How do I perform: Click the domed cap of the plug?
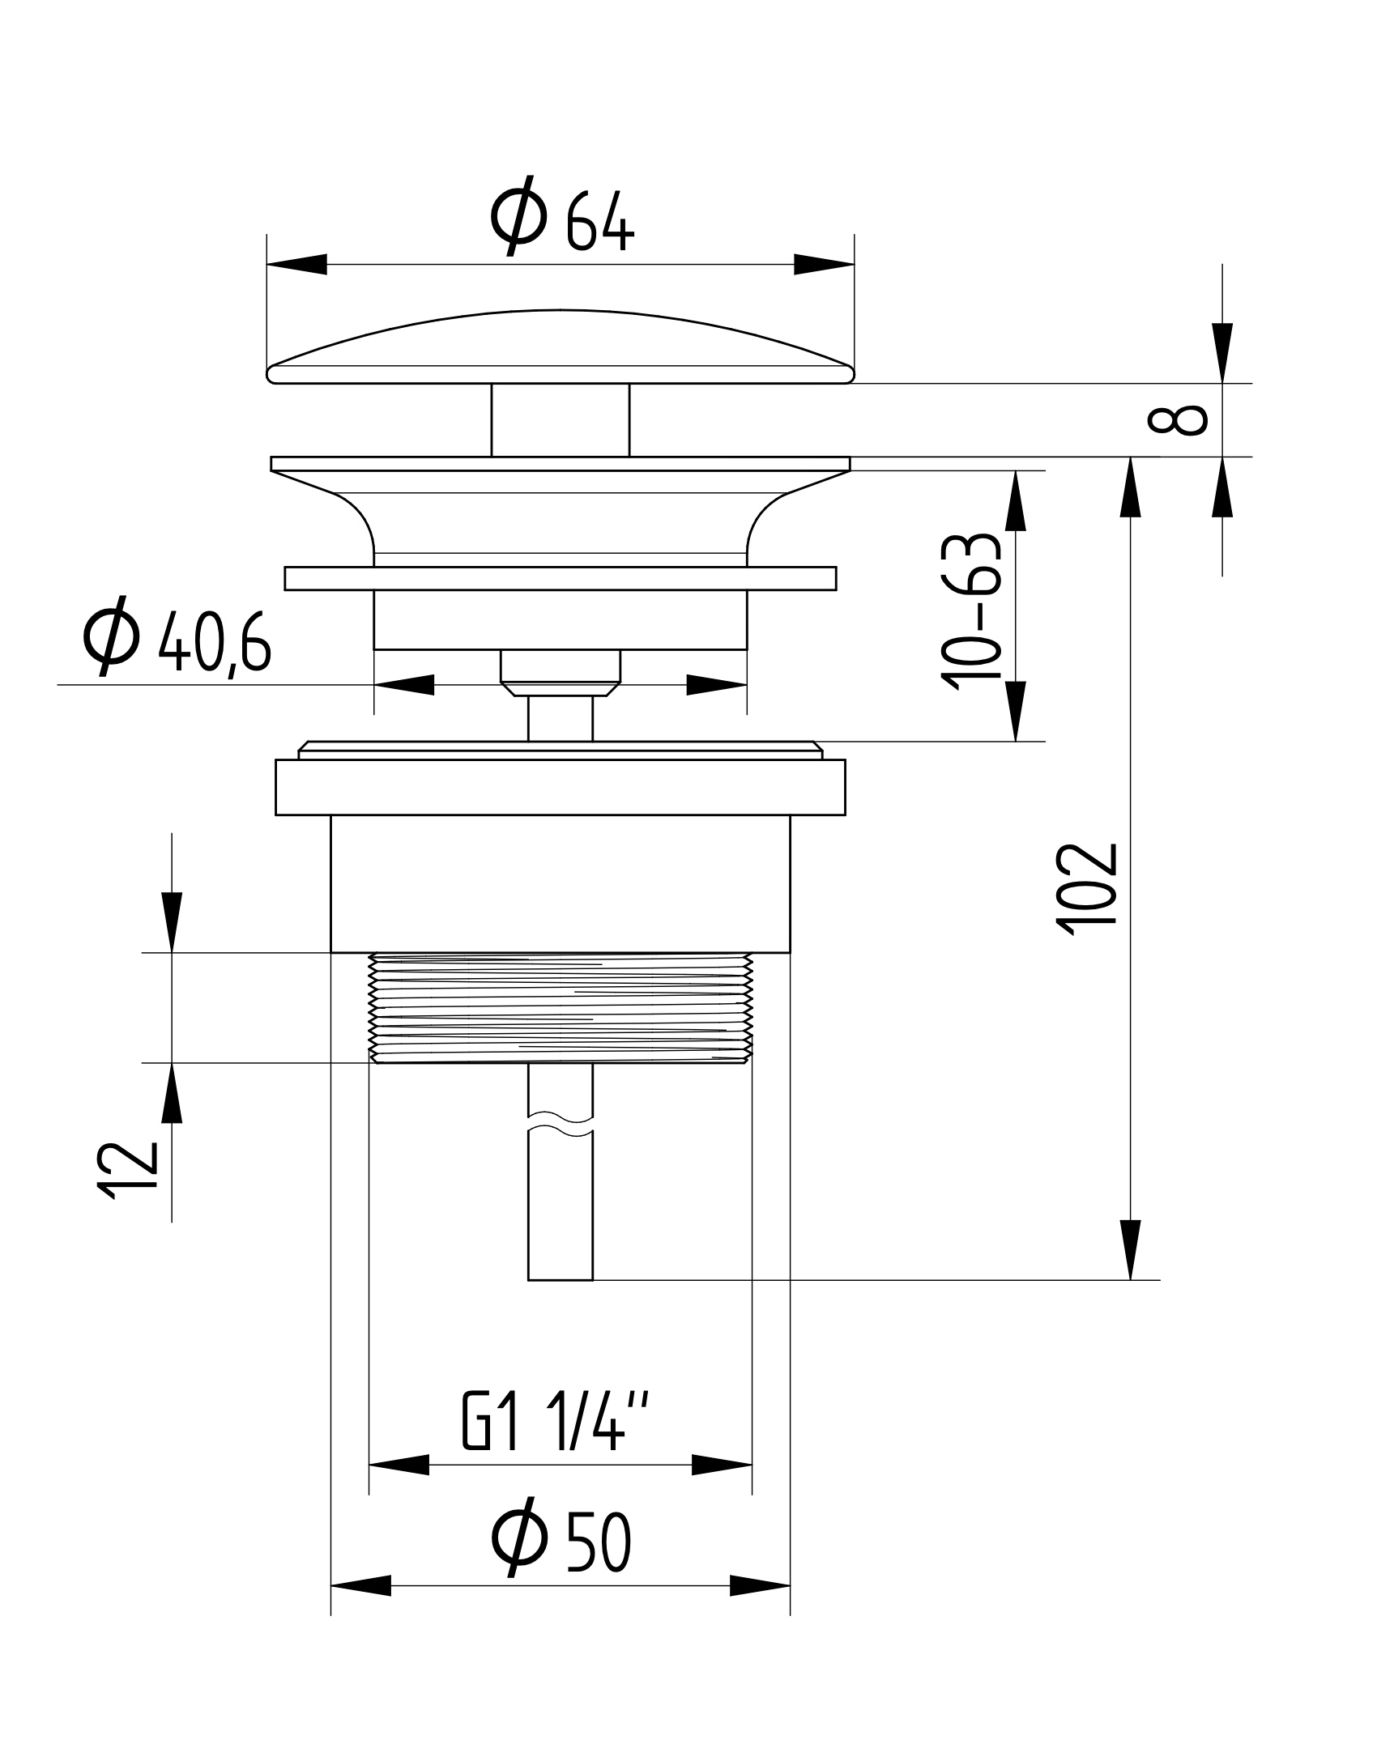click(x=561, y=348)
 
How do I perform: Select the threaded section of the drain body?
click(x=561, y=1008)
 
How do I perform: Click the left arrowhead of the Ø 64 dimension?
click(x=296, y=264)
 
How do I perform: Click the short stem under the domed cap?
click(x=561, y=419)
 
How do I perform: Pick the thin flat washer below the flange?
click(x=561, y=578)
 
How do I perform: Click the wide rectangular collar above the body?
click(x=561, y=787)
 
